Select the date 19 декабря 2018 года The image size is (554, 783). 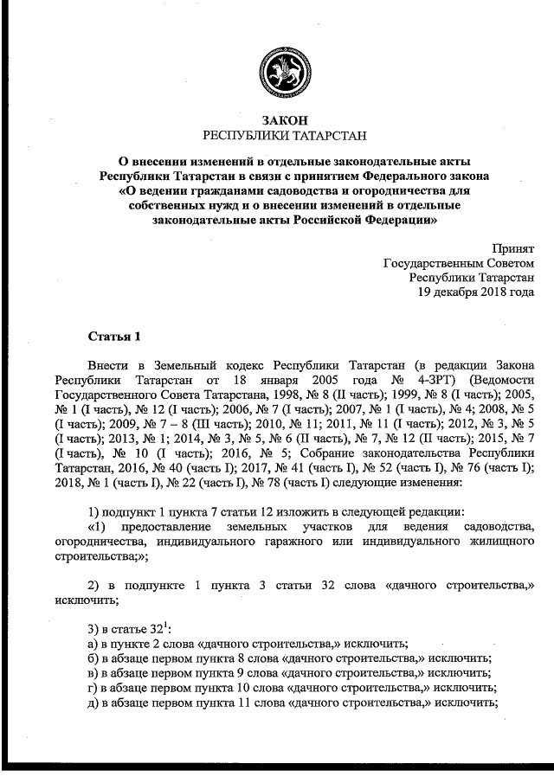[x=476, y=292]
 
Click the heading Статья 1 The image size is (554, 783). [x=113, y=335]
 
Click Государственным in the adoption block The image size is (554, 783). [x=458, y=262]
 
